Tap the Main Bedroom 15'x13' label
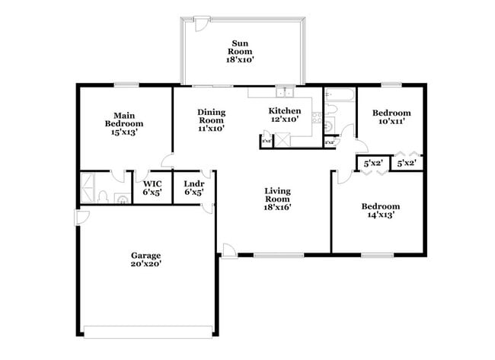pyautogui.click(x=125, y=123)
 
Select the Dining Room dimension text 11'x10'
pyautogui.click(x=211, y=129)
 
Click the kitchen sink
pyautogui.click(x=285, y=93)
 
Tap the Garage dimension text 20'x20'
pyautogui.click(x=145, y=264)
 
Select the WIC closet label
pyautogui.click(x=152, y=188)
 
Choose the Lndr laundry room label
pyautogui.click(x=193, y=188)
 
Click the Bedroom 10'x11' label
pyautogui.click(x=391, y=116)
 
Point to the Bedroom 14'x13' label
pyautogui.click(x=380, y=210)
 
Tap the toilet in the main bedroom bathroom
pyautogui.click(x=103, y=196)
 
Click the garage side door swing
pyautogui.click(x=80, y=218)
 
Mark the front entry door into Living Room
pyautogui.click(x=228, y=250)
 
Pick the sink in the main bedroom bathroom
pyautogui.click(x=120, y=199)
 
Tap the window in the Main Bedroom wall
pyautogui.click(x=126, y=84)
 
